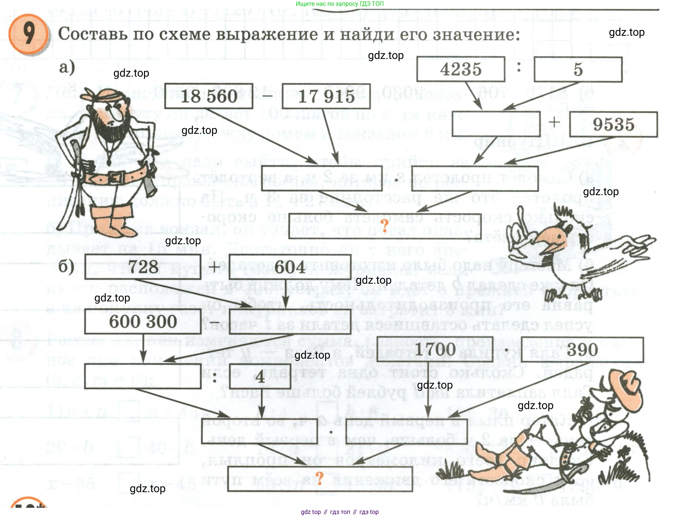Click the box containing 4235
click(x=460, y=69)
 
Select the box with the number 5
click(x=578, y=69)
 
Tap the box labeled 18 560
click(x=209, y=96)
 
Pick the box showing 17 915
click(x=326, y=96)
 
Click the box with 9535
click(x=613, y=124)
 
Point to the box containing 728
click(x=143, y=267)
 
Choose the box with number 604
click(x=290, y=267)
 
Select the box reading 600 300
click(x=143, y=322)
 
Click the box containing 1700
click(x=435, y=349)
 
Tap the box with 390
click(x=582, y=349)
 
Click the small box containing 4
click(x=260, y=376)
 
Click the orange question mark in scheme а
click(x=384, y=225)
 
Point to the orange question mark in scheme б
click(x=319, y=478)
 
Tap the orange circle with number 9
click(x=29, y=34)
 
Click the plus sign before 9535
click(x=554, y=122)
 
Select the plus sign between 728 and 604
click(x=214, y=267)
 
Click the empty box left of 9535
click(x=496, y=124)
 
